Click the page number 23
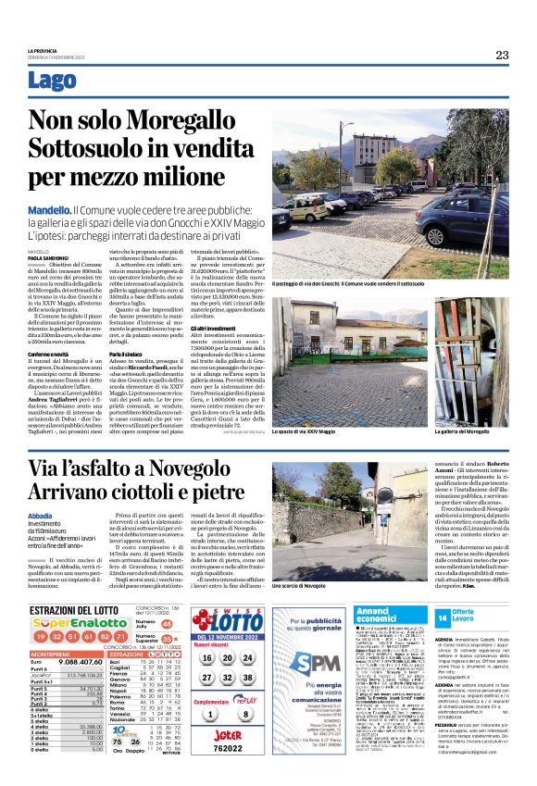(502, 55)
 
